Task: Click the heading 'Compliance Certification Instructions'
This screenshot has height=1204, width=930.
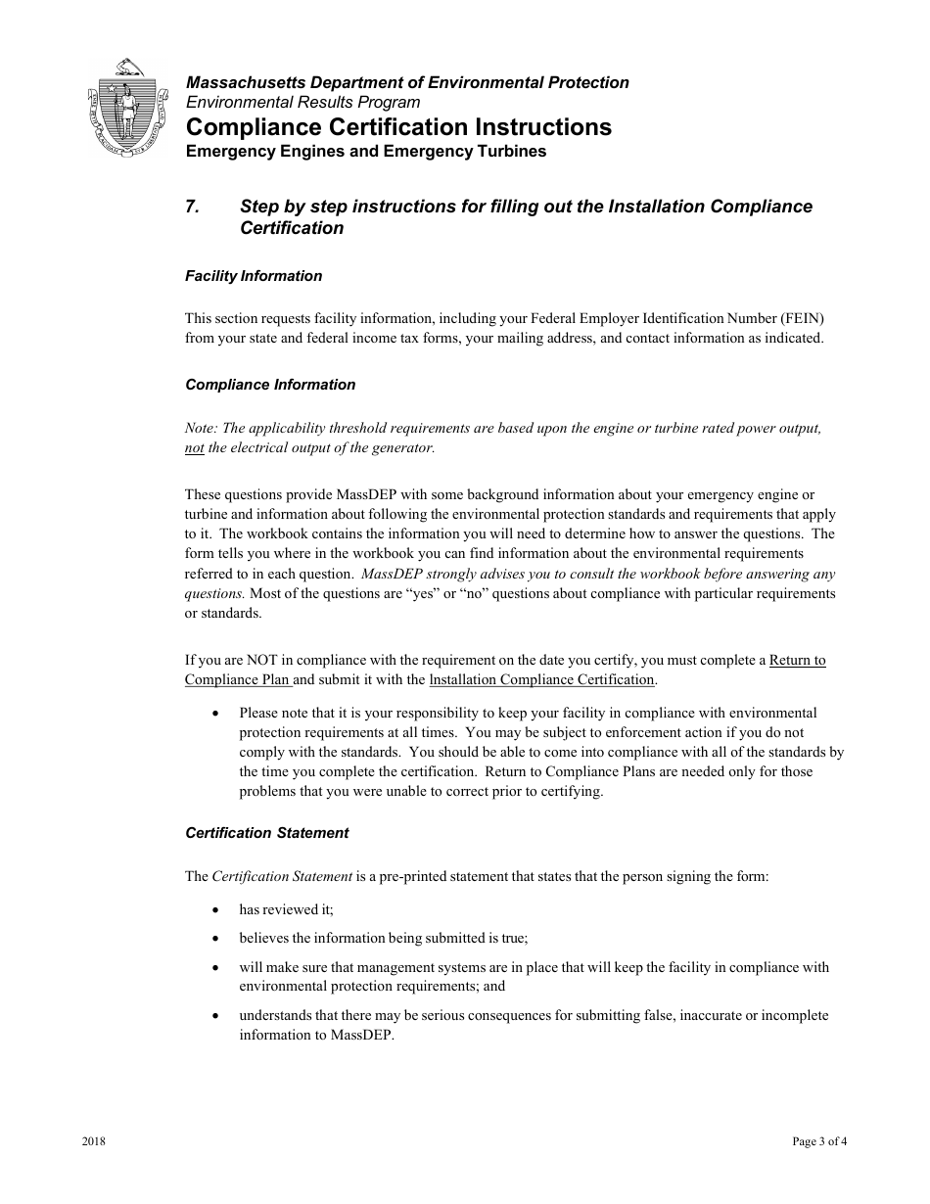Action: point(398,127)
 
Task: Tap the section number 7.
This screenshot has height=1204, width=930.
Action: point(193,207)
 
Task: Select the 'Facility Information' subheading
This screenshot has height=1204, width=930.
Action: point(254,276)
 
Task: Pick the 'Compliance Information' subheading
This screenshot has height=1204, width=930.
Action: point(270,385)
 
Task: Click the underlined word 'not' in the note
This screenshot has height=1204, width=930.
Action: point(195,447)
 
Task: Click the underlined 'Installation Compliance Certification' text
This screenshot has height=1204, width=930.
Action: point(541,679)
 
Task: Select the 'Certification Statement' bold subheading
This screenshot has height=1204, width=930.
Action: point(266,833)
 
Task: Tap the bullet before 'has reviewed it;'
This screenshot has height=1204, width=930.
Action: point(215,909)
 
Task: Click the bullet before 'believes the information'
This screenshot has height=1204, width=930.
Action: point(215,938)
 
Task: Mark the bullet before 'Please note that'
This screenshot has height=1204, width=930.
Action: point(215,714)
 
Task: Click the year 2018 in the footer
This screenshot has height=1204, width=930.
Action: point(94,1142)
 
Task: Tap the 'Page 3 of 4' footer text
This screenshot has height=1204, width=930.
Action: point(819,1142)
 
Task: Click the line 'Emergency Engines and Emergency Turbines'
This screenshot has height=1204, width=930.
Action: point(365,152)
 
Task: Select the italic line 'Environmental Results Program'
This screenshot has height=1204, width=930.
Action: point(302,102)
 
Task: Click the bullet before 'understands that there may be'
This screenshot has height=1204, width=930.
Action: point(215,1016)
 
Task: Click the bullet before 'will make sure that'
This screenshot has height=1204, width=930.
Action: point(215,967)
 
